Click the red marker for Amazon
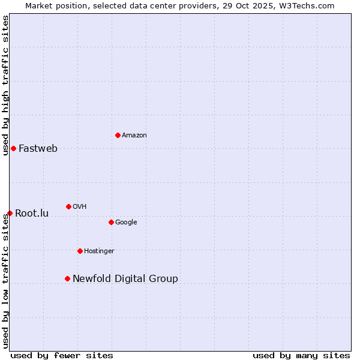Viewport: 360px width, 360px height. [x=118, y=135]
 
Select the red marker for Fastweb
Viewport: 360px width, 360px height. [x=13, y=148]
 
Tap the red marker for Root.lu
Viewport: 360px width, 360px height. [x=10, y=213]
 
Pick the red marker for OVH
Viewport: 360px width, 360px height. [x=68, y=206]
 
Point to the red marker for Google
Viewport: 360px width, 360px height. [x=111, y=222]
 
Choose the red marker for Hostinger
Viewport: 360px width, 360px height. [x=80, y=251]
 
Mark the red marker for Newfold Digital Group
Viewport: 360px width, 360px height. [x=67, y=278]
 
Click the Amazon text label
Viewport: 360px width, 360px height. [x=134, y=136]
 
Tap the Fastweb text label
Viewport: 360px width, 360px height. [x=38, y=149]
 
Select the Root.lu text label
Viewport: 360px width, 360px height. [x=32, y=214]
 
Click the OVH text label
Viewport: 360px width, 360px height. [x=80, y=207]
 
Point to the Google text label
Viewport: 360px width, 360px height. [x=126, y=223]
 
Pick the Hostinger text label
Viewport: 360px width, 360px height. [x=99, y=251]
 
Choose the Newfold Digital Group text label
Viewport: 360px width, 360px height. [x=125, y=279]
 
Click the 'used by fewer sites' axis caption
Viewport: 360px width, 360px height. [x=62, y=356]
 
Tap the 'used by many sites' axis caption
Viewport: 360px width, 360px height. [x=301, y=356]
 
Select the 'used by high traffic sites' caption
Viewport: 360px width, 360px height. [x=5, y=85]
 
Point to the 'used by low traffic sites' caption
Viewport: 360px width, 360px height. [x=5, y=281]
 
